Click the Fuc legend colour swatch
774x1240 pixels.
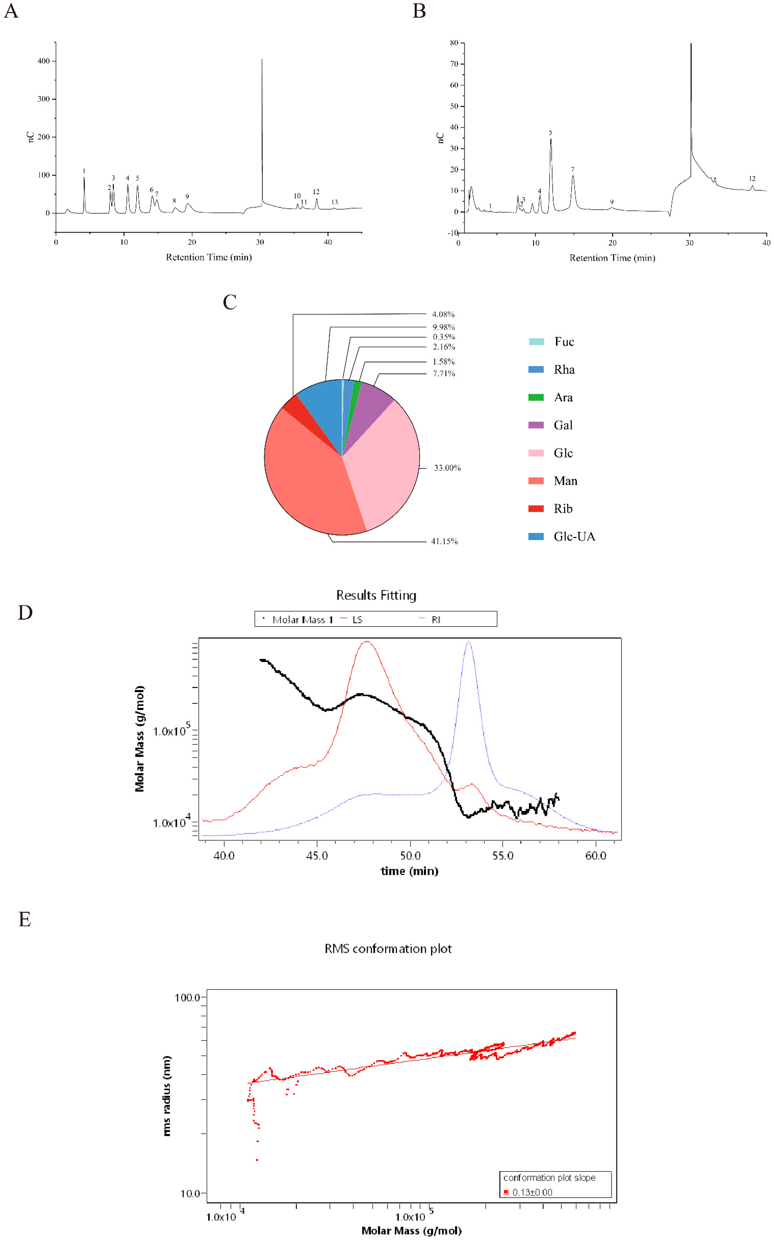pyautogui.click(x=536, y=342)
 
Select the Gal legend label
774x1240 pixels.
pyautogui.click(x=563, y=425)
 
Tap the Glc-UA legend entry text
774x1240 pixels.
pyautogui.click(x=574, y=536)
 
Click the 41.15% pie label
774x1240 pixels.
pyautogui.click(x=444, y=541)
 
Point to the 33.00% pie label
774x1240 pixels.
pyautogui.click(x=447, y=467)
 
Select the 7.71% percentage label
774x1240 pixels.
pyautogui.click(x=443, y=373)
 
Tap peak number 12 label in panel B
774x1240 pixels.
pyautogui.click(x=752, y=179)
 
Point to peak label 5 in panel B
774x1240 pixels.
pyautogui.click(x=550, y=133)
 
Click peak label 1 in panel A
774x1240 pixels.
pyautogui.click(x=84, y=171)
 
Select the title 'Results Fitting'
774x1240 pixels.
pyautogui.click(x=376, y=595)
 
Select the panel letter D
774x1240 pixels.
pyautogui.click(x=25, y=613)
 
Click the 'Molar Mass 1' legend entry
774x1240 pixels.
pyautogui.click(x=302, y=620)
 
